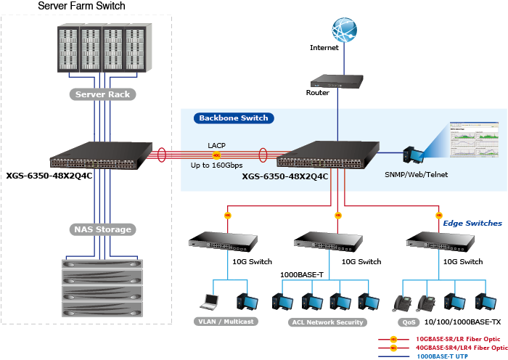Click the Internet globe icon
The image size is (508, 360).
coord(345,31)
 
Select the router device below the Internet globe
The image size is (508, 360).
coord(337,83)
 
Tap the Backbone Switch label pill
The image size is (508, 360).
coord(233,118)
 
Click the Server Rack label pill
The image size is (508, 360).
coord(102,94)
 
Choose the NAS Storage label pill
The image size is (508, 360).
coord(102,229)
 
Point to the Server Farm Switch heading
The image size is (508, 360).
coord(81,6)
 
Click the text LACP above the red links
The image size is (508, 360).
coord(216,145)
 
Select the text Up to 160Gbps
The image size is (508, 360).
coord(216,166)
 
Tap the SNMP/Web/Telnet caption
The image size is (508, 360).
coord(417,174)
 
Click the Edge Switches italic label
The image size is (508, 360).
coord(472,223)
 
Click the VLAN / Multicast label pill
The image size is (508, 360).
coord(226,322)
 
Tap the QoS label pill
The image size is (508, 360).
coord(406,322)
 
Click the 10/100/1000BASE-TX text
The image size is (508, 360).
coord(462,322)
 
